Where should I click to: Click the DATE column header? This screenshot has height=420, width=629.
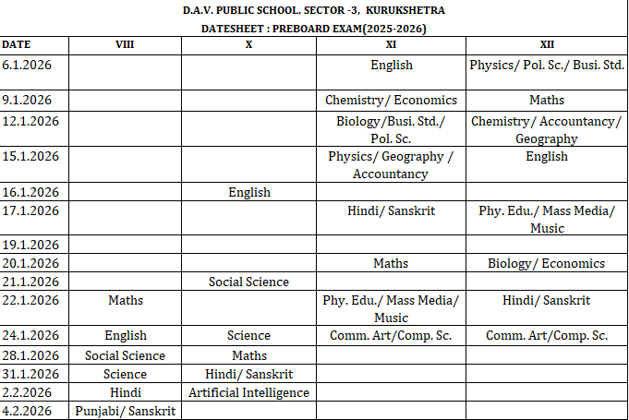16,43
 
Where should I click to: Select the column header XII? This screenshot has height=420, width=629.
547,43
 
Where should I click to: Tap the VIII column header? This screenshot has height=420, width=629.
125,43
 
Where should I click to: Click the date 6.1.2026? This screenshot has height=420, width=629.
27,65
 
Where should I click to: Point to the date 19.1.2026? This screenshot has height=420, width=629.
30,245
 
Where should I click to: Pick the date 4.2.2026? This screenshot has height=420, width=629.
27,411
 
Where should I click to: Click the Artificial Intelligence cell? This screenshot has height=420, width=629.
249,392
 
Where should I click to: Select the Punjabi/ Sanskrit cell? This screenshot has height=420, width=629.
125,411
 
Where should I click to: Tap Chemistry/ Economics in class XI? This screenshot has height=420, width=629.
391,100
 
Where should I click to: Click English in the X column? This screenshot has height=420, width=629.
249,192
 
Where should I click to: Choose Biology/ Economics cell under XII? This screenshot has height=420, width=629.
547,263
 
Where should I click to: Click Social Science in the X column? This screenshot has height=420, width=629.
249,282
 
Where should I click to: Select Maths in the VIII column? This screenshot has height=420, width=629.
125,300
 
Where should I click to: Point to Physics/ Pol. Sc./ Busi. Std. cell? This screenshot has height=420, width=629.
547,65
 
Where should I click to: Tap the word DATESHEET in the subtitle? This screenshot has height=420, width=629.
236,28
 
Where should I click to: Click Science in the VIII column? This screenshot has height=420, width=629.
125,374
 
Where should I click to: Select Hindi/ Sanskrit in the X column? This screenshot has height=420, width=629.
249,374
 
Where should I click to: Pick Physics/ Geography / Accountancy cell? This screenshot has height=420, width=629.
391,164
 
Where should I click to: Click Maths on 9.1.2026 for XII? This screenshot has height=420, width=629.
547,100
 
